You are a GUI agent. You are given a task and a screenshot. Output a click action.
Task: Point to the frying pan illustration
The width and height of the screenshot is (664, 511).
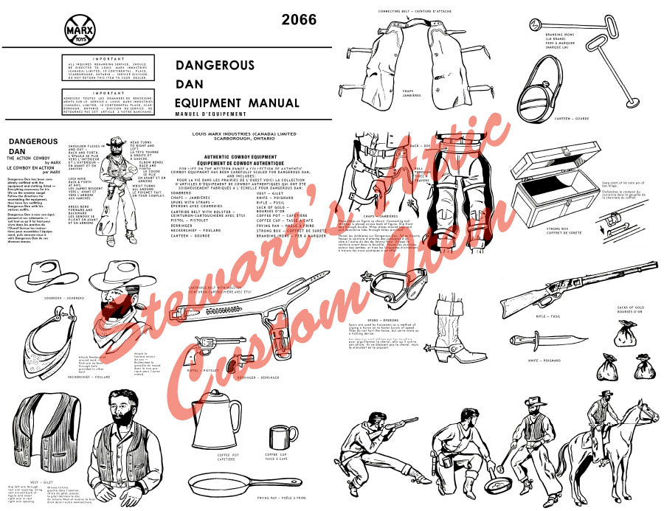pos(235,483)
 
